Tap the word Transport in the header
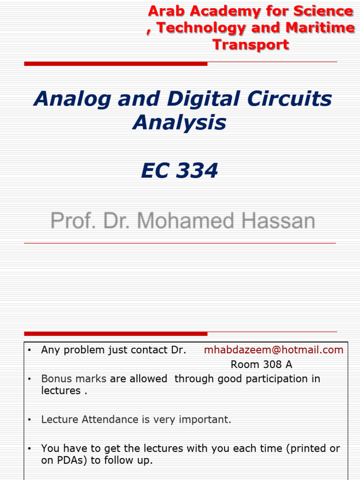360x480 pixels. [251, 45]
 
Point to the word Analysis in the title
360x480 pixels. [180, 123]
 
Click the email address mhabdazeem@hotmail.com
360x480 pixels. [274, 350]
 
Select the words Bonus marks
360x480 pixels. [74, 378]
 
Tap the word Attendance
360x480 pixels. [110, 420]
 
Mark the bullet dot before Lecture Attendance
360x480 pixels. [30, 420]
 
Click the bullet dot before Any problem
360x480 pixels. [30, 350]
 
